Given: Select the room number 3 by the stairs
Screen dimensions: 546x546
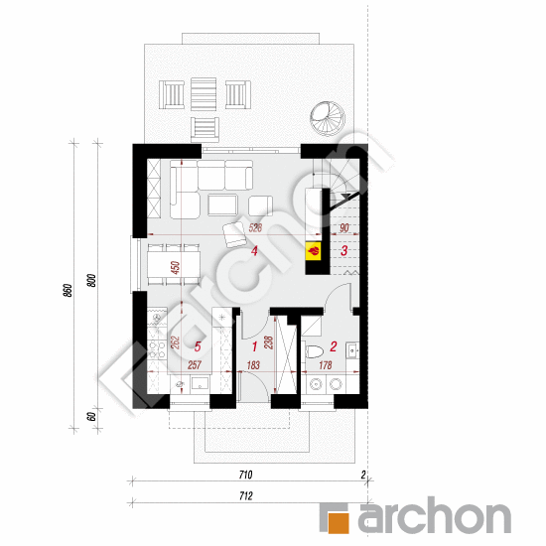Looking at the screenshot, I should (343, 251).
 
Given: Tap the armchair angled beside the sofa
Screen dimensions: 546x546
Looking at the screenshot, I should (234, 234).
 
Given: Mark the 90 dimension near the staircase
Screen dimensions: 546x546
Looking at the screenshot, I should (343, 227).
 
